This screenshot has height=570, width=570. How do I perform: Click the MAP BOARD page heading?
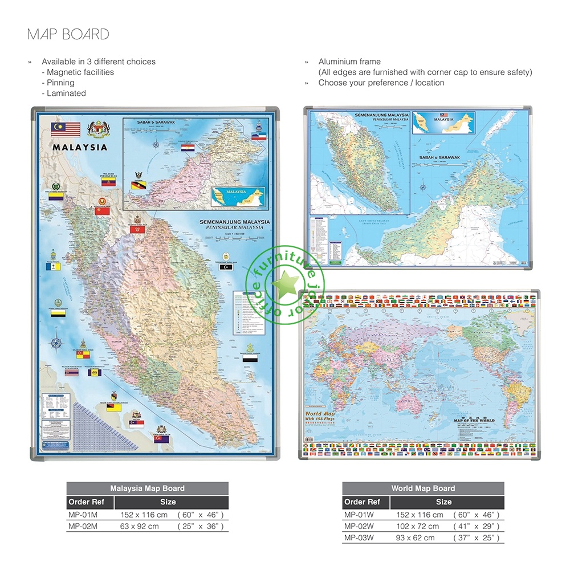[x=68, y=34]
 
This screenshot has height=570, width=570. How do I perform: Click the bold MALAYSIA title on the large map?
[x=80, y=147]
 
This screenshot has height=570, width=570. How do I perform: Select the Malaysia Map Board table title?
[x=147, y=488]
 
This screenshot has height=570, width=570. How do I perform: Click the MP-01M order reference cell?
[x=83, y=515]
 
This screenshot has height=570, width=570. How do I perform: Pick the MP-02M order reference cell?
[x=83, y=526]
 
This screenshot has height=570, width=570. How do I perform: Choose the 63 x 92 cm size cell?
[x=140, y=526]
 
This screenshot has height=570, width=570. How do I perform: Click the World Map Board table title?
[x=423, y=488]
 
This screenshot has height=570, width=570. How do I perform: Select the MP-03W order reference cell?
[x=359, y=538]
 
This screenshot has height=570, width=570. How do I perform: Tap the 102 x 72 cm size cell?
[x=417, y=526]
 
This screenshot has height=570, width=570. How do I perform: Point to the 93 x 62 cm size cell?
[x=415, y=538]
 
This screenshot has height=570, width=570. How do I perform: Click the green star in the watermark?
[x=283, y=283]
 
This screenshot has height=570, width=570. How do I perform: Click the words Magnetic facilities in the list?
[x=80, y=72]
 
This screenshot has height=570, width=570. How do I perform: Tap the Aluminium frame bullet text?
[x=349, y=62]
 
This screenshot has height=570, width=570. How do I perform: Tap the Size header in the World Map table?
[x=443, y=502]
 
